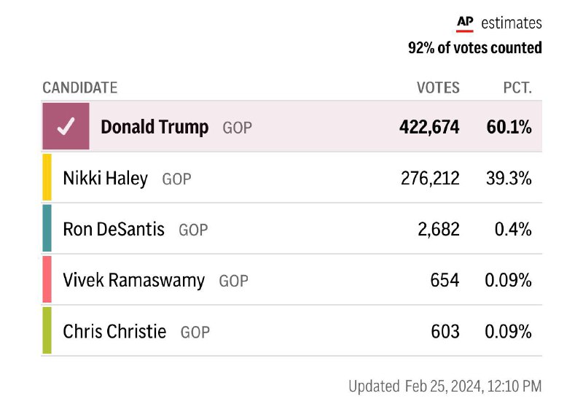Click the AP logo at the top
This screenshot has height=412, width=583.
(465, 23)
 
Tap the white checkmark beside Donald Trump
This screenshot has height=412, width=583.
(66, 127)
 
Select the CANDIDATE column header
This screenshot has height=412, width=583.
(79, 88)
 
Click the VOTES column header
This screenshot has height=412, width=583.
(438, 88)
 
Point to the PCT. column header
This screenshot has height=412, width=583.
(517, 88)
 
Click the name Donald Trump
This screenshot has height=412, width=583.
(154, 127)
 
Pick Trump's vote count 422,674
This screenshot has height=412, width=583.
(429, 127)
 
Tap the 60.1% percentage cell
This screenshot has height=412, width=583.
(509, 127)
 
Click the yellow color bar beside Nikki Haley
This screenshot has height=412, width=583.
(47, 177)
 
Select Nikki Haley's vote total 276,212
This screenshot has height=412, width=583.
(430, 178)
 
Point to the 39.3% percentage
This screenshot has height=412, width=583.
(509, 178)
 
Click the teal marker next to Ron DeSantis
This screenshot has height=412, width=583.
(47, 228)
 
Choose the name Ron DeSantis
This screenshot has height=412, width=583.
(114, 229)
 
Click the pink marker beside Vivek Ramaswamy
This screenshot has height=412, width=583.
(47, 279)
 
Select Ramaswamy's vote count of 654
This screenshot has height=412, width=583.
(445, 280)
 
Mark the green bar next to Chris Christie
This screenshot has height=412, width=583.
(47, 330)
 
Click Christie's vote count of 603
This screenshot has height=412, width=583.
(445, 331)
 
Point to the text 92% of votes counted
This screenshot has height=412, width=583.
(474, 48)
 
